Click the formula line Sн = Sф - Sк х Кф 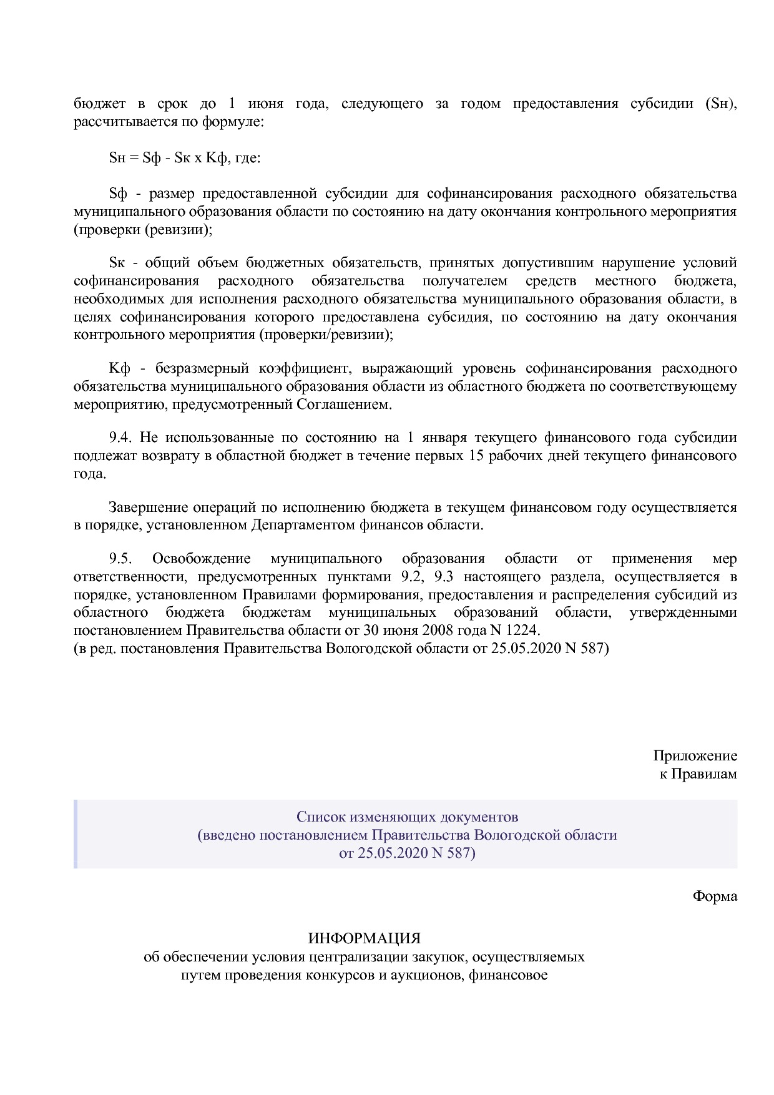pyautogui.click(x=185, y=158)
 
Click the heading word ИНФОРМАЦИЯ pyautogui.click(x=364, y=938)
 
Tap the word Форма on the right pyautogui.click(x=715, y=896)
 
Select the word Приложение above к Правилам pyautogui.click(x=695, y=755)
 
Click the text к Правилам pyautogui.click(x=698, y=773)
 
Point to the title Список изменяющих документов pyautogui.click(x=407, y=817)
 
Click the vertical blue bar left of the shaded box pyautogui.click(x=76, y=834)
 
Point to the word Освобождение pyautogui.click(x=201, y=558)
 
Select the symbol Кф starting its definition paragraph pyautogui.click(x=119, y=368)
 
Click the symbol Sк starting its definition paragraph pyautogui.click(x=117, y=262)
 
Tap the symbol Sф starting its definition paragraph pyautogui.click(x=118, y=193)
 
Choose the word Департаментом pyautogui.click(x=303, y=525)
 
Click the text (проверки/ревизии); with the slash pyautogui.click(x=325, y=335)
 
